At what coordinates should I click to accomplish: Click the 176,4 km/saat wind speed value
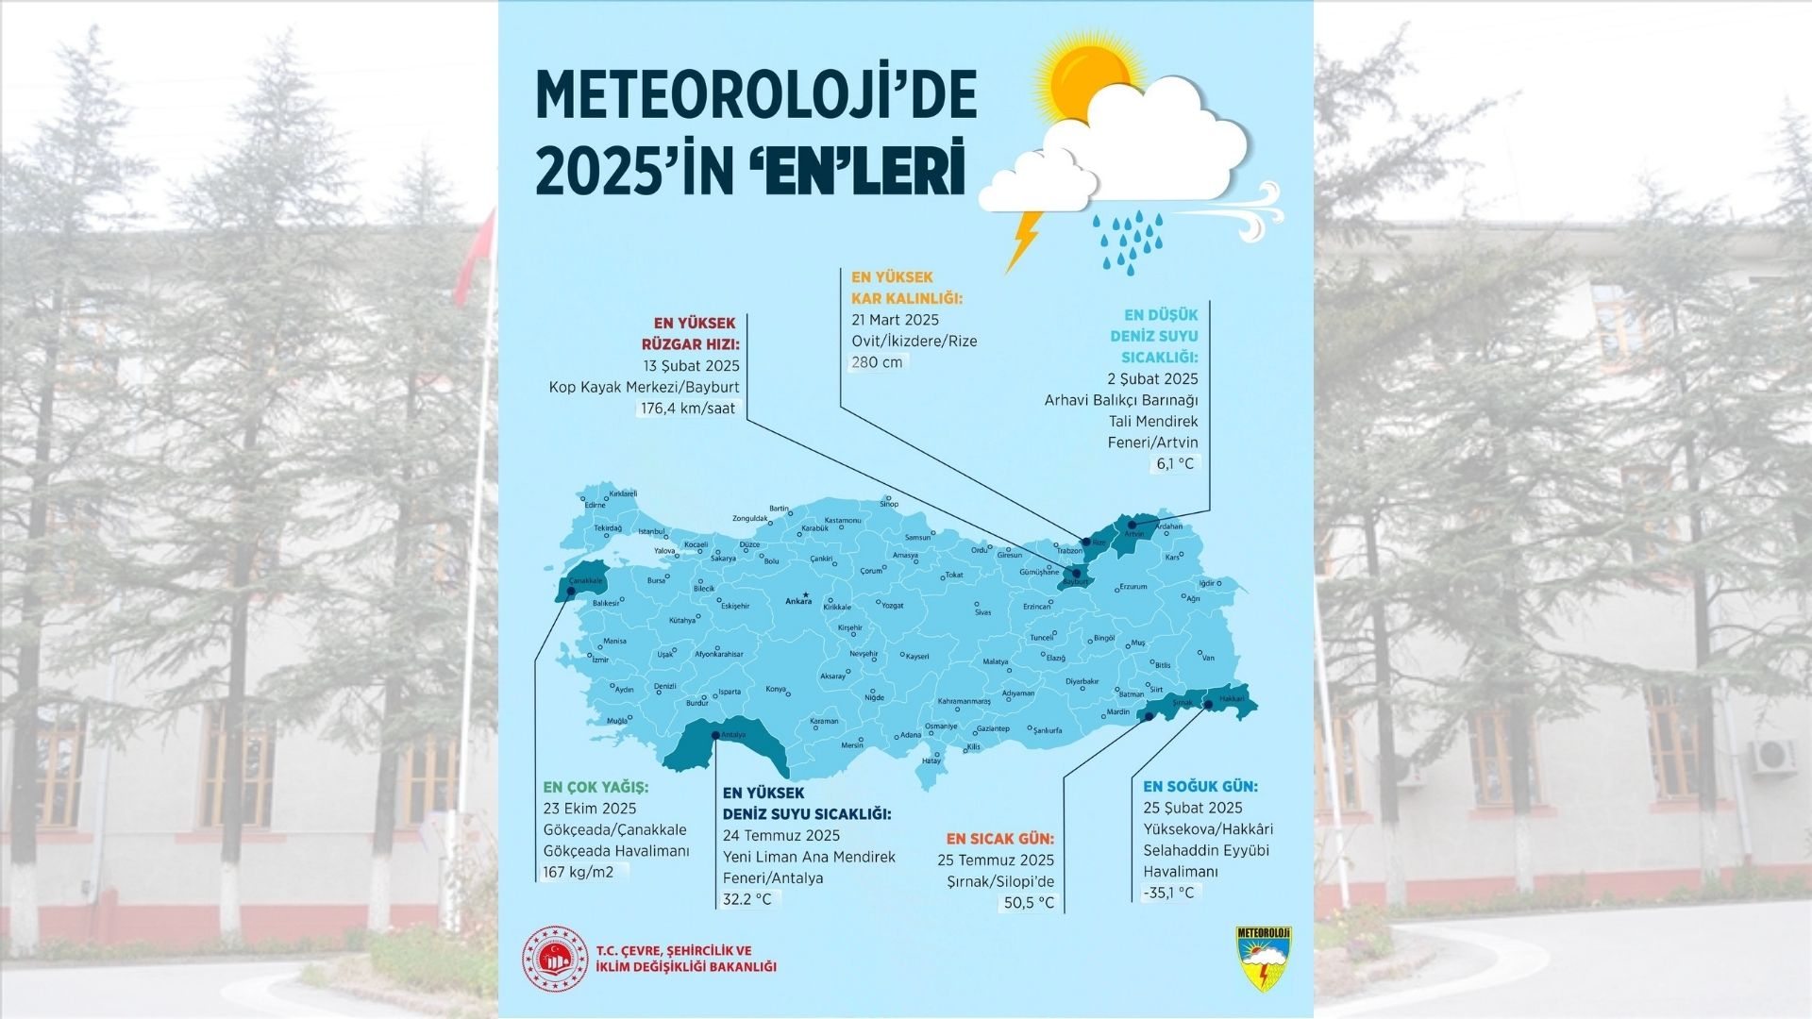689,409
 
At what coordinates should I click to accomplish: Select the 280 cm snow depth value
877,362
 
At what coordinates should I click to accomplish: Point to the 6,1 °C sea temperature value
1174,463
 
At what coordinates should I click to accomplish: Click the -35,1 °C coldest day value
1168,893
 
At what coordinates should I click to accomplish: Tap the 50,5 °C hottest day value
1028,903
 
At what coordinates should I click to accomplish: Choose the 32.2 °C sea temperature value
747,899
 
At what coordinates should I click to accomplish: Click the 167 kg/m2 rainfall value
578,872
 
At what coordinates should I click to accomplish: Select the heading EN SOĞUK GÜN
1200,786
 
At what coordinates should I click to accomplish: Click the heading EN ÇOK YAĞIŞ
596,787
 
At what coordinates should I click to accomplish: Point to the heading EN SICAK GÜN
999,838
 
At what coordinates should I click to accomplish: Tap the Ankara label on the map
797,601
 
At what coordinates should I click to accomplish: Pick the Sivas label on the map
982,612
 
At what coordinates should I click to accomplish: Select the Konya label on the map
775,689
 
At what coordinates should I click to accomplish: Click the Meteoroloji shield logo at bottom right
1264,957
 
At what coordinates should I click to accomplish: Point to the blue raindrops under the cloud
1129,241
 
